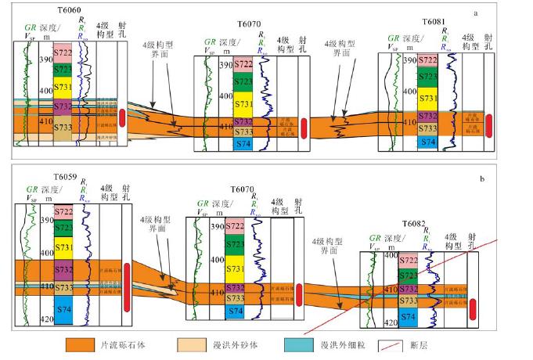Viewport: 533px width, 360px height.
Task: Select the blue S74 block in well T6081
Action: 427,142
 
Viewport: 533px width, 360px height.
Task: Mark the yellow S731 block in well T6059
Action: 63,247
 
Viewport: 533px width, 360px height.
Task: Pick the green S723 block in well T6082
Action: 409,275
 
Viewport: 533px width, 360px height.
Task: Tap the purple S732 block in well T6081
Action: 427,116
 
